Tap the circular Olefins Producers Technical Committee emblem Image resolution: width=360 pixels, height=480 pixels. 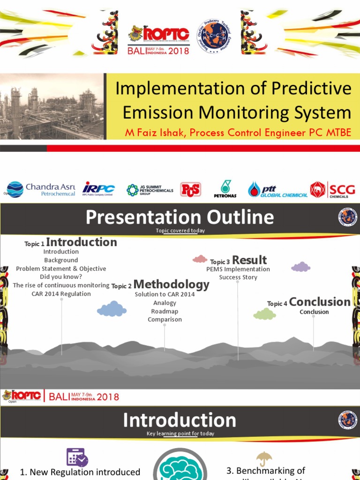coord(215,36)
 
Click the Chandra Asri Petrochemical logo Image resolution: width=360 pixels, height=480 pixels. coord(41,189)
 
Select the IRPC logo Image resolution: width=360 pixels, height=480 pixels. coord(98,188)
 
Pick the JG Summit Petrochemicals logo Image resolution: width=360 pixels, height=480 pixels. coord(150,190)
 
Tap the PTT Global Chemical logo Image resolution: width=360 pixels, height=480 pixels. coord(277,189)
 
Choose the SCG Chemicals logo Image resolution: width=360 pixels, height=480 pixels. coord(332,189)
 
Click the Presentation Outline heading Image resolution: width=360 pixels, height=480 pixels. coord(180,217)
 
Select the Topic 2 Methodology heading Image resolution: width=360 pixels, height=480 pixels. coord(160,285)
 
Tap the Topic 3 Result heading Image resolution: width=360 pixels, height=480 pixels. coord(238,261)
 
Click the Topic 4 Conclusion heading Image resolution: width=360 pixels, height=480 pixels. coord(309,302)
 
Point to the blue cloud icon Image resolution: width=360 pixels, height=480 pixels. coord(112,309)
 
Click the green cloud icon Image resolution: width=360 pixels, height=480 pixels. coord(264,314)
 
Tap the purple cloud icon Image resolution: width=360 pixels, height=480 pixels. coord(300,267)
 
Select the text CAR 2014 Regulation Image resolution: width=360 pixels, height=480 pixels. coord(61,294)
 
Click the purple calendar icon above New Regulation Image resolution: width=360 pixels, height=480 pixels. coord(77,457)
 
